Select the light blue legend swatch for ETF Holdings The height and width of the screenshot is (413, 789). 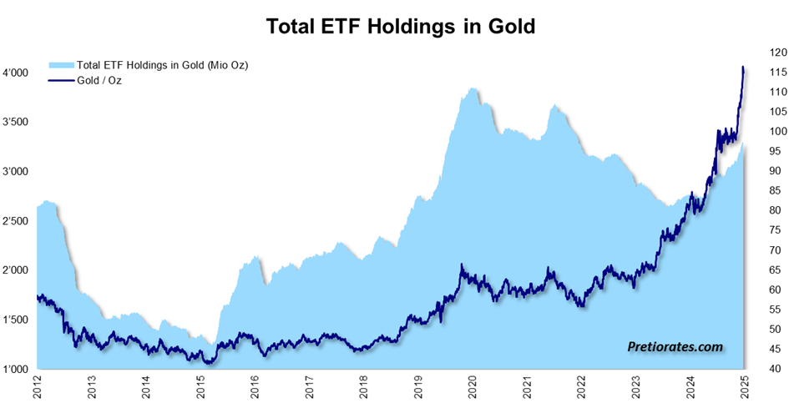pos(61,65)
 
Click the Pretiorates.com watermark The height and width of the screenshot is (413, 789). pos(675,345)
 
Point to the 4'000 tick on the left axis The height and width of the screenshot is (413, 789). pos(15,73)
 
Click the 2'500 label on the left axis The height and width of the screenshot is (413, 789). pos(15,221)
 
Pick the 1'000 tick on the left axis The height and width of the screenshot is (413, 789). pos(15,370)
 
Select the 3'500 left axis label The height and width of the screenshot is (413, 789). pos(15,123)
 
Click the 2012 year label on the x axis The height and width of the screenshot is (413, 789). pos(38,391)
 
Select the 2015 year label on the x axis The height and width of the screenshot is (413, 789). pos(201,391)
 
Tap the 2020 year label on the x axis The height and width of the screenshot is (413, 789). pos(473,391)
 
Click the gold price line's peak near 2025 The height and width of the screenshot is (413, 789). pos(743,67)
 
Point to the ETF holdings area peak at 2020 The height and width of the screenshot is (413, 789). pos(473,88)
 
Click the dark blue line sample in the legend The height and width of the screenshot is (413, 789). pos(61,80)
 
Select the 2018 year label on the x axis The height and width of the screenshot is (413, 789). pos(364,391)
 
